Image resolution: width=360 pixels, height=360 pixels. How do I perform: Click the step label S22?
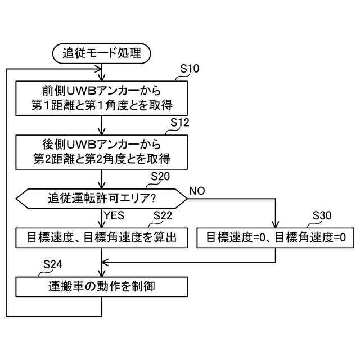coord(163,215)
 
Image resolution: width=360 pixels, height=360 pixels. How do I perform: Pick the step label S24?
coord(52,263)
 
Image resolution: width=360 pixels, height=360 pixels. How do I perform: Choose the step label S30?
coord(322,215)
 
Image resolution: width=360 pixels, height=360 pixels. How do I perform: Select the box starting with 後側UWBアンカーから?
coord(101,149)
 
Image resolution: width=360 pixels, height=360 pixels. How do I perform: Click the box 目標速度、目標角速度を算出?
coord(101,237)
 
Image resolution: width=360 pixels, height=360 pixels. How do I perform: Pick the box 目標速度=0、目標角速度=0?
coord(275,237)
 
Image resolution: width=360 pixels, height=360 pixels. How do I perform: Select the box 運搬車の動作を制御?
coord(101,286)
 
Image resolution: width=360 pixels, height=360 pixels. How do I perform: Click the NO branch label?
coord(197,190)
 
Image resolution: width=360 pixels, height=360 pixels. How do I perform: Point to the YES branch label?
coord(115,215)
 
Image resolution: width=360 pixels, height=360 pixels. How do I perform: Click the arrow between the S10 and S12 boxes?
coord(101,124)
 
